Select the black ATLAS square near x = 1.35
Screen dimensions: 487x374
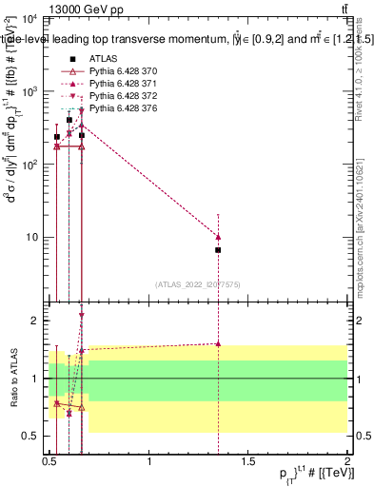point(218,250)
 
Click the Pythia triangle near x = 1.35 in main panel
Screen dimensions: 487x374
point(218,237)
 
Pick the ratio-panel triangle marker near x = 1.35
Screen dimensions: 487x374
point(218,344)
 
